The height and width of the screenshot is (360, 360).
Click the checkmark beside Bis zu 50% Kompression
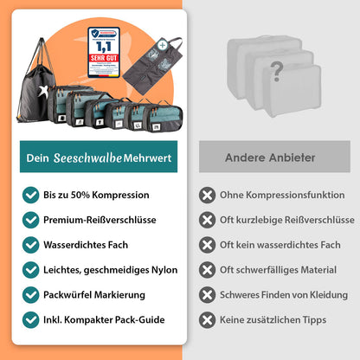point(30,195)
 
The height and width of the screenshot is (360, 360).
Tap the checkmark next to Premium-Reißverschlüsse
point(30,220)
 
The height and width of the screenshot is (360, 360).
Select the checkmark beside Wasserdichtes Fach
point(30,245)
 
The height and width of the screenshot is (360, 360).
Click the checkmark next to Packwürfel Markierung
point(30,294)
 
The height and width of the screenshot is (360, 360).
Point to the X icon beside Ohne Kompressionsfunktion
point(208,195)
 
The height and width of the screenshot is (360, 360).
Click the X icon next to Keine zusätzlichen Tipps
point(208,319)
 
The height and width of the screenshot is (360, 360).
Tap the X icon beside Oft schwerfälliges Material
point(208,270)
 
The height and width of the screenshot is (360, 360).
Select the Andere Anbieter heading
point(270,157)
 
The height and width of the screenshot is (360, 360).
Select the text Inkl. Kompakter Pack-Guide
point(104,319)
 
